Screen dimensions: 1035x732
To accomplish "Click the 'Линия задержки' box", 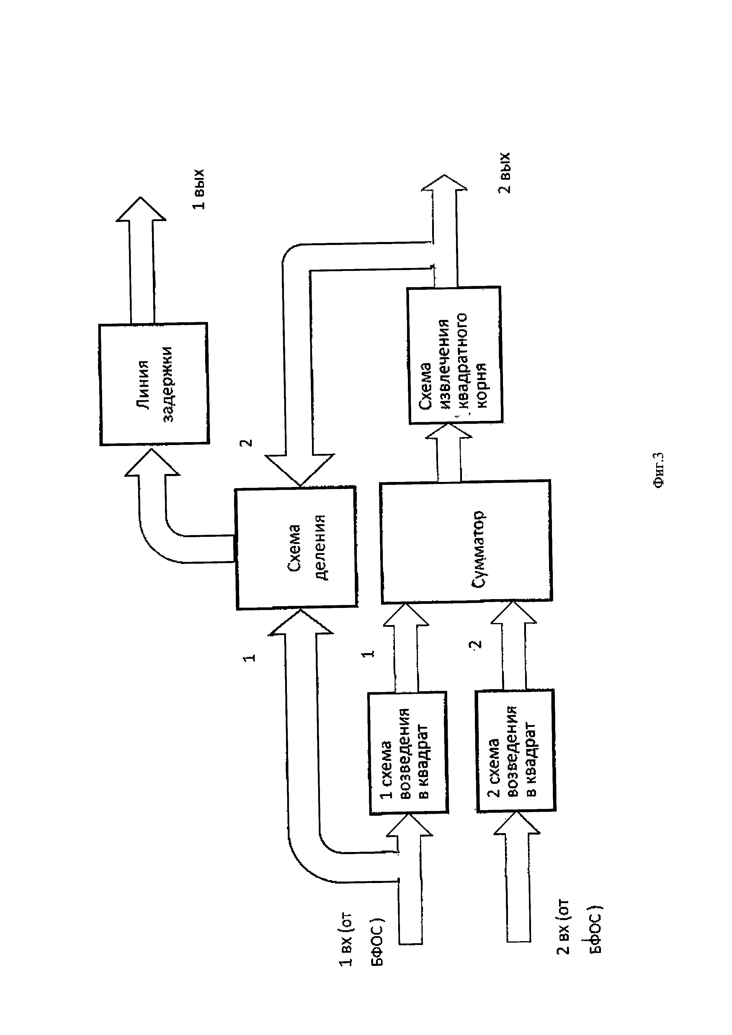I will coord(154,384).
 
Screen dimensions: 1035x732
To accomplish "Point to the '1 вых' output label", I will coord(199,189).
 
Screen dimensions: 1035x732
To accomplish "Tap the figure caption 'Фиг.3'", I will coord(659,470).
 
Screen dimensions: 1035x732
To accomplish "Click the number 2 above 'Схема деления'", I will coord(246,443).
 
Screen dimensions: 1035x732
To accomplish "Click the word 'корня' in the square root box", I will coord(481,385).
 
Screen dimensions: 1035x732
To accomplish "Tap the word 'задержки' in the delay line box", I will coord(167,384).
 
